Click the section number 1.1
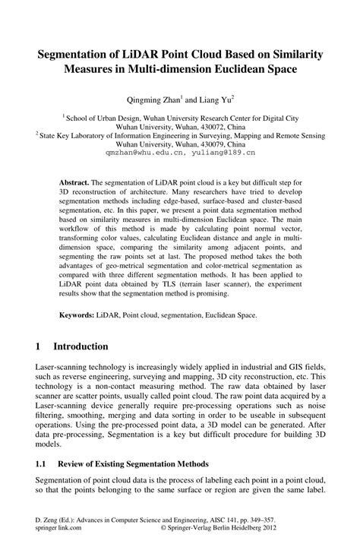pyautogui.click(x=42, y=462)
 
